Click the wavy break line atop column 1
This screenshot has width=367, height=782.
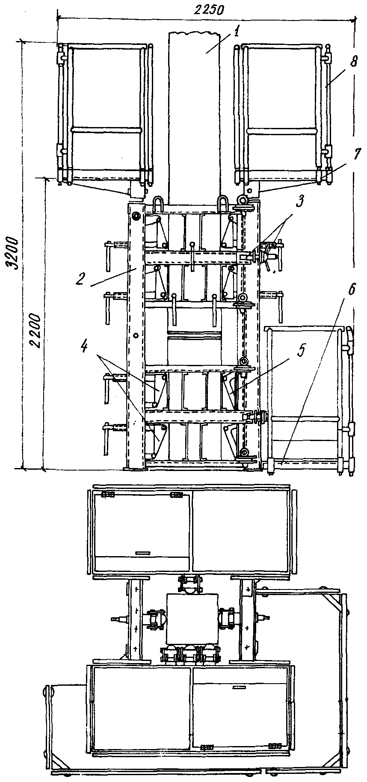tap(193, 33)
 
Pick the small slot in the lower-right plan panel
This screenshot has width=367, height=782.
tap(240, 687)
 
